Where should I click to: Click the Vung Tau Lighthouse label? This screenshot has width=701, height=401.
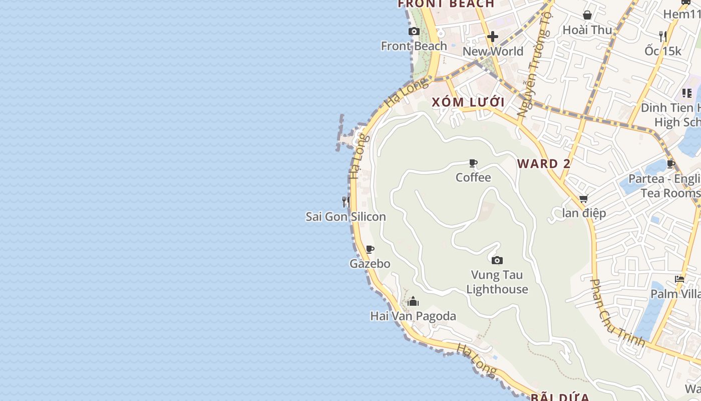(x=497, y=282)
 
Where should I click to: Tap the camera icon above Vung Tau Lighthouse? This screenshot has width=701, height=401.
(x=497, y=260)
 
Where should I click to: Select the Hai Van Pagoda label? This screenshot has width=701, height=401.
(x=413, y=316)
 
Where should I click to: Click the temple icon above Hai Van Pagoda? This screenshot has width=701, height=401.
(x=413, y=301)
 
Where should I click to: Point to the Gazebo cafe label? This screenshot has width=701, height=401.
(x=370, y=264)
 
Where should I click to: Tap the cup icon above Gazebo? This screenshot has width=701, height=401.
(x=370, y=249)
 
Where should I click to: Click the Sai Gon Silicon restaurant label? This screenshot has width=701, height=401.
(x=346, y=217)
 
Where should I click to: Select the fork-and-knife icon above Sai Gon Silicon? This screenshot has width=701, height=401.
(x=345, y=202)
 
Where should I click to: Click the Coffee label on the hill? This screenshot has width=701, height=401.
(x=473, y=177)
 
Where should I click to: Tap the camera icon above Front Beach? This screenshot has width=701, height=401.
(x=414, y=32)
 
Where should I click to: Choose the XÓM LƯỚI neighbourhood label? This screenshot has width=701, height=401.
(x=468, y=102)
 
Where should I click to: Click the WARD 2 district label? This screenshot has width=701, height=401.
(x=544, y=164)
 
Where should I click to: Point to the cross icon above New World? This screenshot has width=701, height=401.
(x=493, y=37)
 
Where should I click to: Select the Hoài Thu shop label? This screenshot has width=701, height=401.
(x=587, y=30)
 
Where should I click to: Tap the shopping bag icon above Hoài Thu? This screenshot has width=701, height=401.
(x=587, y=15)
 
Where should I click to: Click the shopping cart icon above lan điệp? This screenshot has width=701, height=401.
(x=583, y=199)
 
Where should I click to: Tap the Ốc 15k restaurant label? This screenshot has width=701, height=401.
(x=663, y=51)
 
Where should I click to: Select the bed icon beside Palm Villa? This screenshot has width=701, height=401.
(x=679, y=279)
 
